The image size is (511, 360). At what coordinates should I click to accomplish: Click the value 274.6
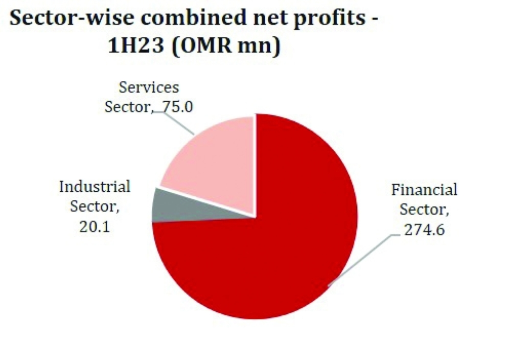coord(424,230)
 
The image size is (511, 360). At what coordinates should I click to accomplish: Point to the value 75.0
coord(178,107)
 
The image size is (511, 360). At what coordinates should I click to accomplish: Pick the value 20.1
coord(95,227)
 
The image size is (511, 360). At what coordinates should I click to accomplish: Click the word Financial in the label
coord(424,190)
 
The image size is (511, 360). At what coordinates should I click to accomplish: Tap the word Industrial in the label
coord(95,187)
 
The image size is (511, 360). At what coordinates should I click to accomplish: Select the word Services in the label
coord(149,87)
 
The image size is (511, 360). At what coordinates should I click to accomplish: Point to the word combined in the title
coord(194,17)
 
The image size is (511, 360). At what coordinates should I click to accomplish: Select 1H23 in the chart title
coord(135,45)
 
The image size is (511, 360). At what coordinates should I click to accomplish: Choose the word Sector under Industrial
coord(95,207)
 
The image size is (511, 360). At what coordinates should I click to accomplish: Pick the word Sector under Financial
coord(424,210)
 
